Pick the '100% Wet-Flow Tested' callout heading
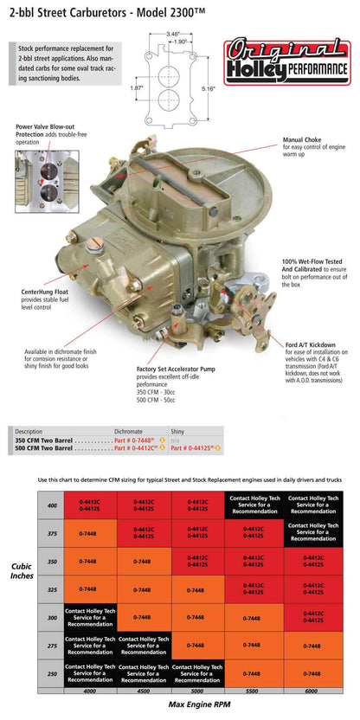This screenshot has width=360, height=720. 312,260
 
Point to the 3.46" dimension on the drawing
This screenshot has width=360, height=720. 172,33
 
